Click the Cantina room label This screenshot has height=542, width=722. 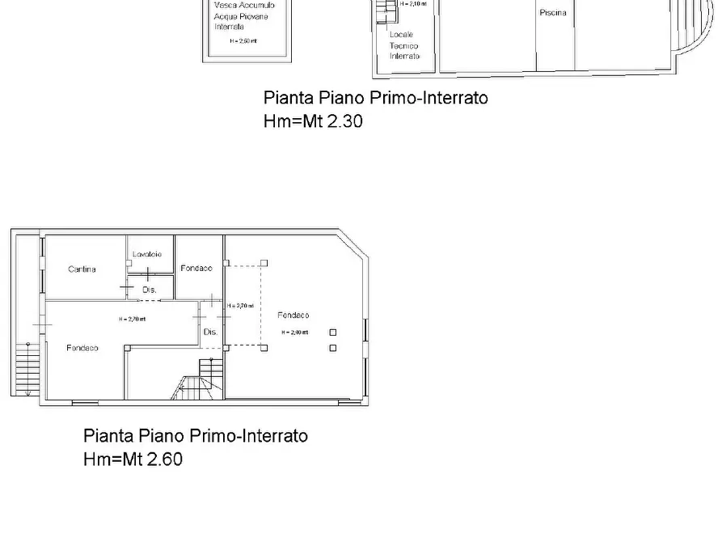click(x=82, y=269)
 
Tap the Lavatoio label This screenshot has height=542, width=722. click(x=147, y=254)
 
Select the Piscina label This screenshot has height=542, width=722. click(x=553, y=13)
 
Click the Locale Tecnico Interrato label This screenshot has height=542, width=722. click(x=404, y=45)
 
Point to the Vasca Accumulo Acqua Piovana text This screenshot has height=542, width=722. click(x=240, y=15)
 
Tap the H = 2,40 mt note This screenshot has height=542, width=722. click(x=294, y=332)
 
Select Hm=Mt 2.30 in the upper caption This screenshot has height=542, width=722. click(x=313, y=122)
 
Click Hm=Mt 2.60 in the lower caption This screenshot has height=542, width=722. click(x=133, y=459)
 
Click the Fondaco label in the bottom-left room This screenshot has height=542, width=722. click(x=82, y=348)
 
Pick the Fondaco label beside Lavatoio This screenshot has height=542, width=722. click(x=196, y=269)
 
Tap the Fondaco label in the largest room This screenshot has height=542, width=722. click(x=293, y=315)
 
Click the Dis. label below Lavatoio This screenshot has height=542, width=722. click(x=149, y=289)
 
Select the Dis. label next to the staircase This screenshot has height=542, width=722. click(x=210, y=332)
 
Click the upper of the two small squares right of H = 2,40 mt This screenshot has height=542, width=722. click(x=332, y=332)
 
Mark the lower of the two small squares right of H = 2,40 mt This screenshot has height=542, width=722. click(x=332, y=348)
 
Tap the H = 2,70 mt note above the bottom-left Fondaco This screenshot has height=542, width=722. click(x=132, y=319)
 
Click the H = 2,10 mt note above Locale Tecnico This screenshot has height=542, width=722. click(x=414, y=4)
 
